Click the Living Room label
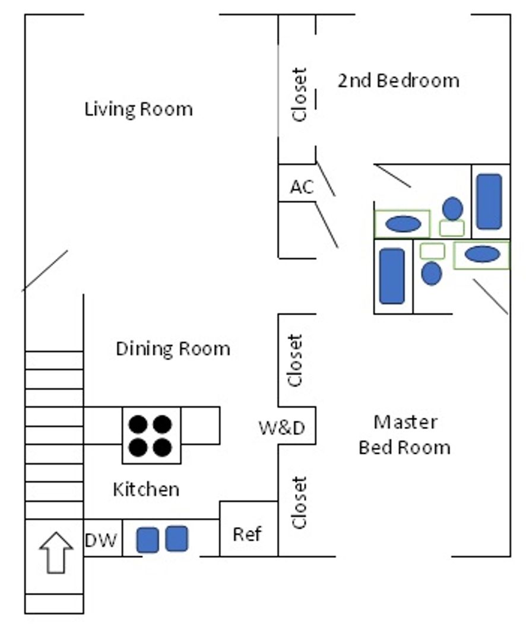tap(138, 109)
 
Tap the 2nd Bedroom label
tap(398, 80)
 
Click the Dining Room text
tap(173, 348)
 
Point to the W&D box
tap(282, 427)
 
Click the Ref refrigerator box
tap(247, 534)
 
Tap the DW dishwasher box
tap(101, 540)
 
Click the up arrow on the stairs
tap(55, 552)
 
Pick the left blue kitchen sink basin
tap(147, 540)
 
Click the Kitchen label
tap(145, 490)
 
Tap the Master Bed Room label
tap(404, 434)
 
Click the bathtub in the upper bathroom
tap(490, 201)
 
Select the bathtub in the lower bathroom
tap(392, 275)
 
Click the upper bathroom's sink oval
tap(403, 224)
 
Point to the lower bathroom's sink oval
tap(481, 255)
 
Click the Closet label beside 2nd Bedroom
tap(300, 95)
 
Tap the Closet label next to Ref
tap(299, 502)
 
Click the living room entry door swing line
tap(45, 271)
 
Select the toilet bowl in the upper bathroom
tap(453, 208)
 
